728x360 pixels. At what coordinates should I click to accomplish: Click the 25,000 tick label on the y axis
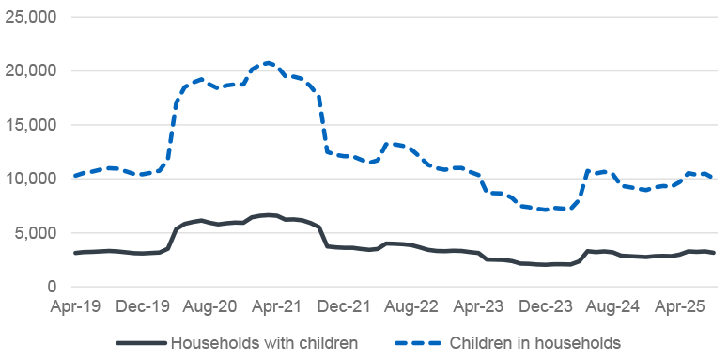32,17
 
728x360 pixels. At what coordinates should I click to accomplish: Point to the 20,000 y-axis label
32,70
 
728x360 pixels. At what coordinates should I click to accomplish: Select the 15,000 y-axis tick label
32,125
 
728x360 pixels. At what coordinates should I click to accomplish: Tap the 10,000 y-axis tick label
32,179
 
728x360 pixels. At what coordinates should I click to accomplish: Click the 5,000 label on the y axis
37,233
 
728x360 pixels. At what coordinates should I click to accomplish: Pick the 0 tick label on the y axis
53,287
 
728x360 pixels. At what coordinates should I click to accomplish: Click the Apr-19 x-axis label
74,306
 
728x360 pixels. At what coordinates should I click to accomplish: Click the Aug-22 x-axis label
410,306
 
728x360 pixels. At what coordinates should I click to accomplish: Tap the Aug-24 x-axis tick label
612,306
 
